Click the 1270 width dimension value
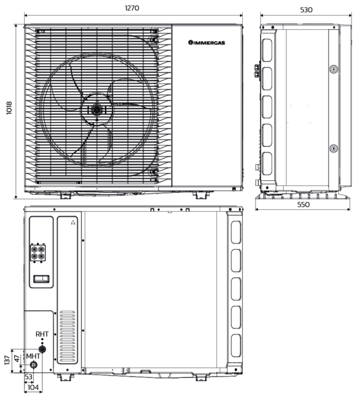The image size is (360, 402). [x=132, y=8]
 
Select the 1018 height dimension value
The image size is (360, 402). [x=9, y=108]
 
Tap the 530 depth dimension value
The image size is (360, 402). [x=306, y=10]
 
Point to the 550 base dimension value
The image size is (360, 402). [x=303, y=204]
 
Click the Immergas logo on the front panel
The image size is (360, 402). [x=207, y=42]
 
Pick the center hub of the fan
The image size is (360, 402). [x=97, y=110]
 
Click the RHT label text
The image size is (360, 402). [x=42, y=334]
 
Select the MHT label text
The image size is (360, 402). [x=33, y=356]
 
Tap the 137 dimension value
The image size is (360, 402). [x=7, y=360]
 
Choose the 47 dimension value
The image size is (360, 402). [x=17, y=359]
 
